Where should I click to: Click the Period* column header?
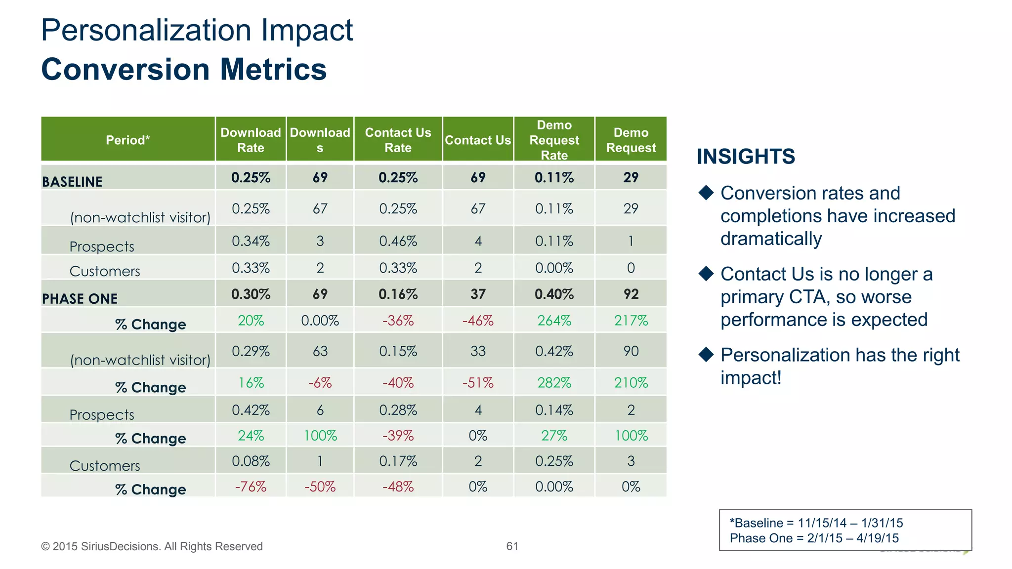click(x=127, y=140)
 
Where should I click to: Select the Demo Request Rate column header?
click(x=554, y=140)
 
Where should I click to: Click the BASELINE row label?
click(x=72, y=182)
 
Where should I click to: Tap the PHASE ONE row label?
click(x=80, y=299)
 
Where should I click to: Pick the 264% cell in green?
click(x=554, y=321)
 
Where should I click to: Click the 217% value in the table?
click(x=631, y=321)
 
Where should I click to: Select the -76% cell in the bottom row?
click(x=251, y=487)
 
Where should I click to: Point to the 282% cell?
click(x=554, y=383)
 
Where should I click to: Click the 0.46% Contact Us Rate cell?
click(x=398, y=241)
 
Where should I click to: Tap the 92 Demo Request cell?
click(x=631, y=294)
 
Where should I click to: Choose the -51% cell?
click(x=477, y=383)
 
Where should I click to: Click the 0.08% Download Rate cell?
click(x=251, y=461)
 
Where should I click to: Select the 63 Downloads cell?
click(x=320, y=351)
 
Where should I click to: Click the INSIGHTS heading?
click(x=746, y=157)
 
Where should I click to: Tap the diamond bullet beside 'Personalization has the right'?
click(x=706, y=354)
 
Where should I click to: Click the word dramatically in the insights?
click(x=771, y=239)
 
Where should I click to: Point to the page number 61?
click(x=512, y=546)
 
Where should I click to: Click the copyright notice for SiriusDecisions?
click(x=152, y=546)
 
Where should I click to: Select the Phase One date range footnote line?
click(x=814, y=538)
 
